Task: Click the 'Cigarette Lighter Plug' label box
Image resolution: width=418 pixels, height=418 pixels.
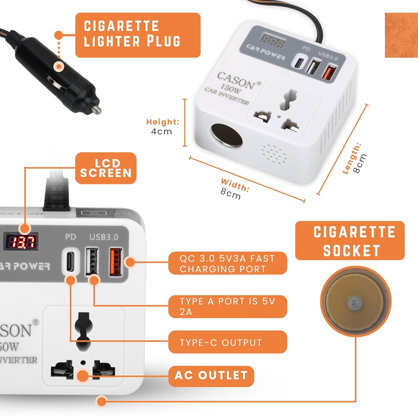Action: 138,35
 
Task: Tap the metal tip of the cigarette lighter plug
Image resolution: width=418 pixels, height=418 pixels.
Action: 97,109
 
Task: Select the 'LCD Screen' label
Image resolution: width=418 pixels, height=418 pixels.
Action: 106,168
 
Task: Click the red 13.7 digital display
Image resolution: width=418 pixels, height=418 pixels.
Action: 21,242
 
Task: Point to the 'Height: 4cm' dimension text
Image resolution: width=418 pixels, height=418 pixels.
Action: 162,127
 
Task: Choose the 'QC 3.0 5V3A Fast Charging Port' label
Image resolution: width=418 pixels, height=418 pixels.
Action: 227,263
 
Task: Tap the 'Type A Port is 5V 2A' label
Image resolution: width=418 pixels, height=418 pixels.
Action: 227,306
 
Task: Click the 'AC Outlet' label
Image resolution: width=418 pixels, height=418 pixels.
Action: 211,376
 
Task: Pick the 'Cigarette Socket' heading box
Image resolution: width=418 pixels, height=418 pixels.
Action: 350,241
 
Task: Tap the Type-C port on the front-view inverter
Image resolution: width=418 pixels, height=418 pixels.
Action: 70,261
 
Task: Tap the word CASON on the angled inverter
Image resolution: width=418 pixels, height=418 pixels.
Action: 236,81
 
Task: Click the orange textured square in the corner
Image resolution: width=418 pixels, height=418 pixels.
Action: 401,35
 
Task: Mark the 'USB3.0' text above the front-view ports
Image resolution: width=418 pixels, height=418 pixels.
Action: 104,237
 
